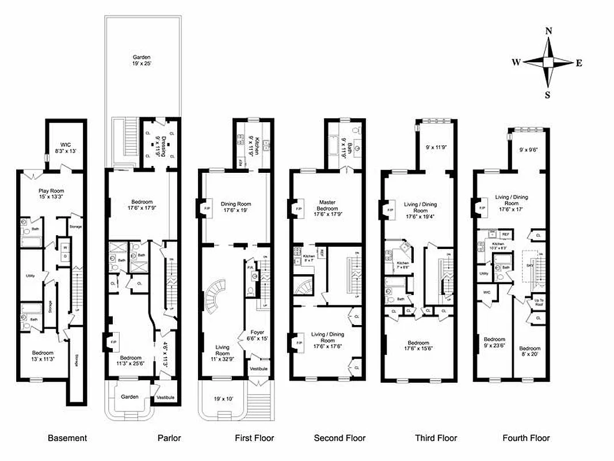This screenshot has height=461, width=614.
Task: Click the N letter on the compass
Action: click(549, 32)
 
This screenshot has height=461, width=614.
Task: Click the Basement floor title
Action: click(67, 438)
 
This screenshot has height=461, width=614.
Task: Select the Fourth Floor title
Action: click(526, 438)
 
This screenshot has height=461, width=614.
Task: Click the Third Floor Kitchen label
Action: click(403, 265)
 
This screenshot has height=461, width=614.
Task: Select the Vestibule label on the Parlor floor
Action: click(165, 397)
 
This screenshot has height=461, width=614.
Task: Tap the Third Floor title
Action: click(436, 438)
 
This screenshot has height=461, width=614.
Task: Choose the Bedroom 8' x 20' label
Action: click(529, 352)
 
